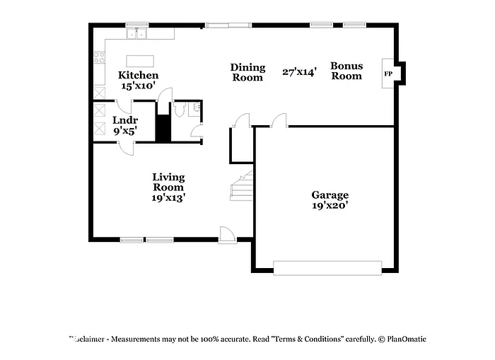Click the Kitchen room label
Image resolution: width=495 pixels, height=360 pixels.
138,76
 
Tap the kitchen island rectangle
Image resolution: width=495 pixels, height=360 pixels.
140,61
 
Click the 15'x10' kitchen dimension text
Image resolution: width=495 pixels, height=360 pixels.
138,86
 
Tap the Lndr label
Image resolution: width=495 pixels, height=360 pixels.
124,120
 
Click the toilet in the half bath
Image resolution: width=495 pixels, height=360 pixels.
180,110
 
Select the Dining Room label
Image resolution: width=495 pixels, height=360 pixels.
248,72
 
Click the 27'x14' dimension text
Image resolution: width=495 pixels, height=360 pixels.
299,71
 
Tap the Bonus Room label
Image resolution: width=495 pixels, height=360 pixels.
346,71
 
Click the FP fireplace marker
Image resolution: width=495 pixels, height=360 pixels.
388,74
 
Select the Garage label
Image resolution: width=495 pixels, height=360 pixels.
330,195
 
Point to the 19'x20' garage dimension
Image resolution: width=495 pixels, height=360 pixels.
330,206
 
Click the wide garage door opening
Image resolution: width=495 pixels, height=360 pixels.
327,267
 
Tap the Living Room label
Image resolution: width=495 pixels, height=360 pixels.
169,182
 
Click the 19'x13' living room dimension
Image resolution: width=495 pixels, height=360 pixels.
169,199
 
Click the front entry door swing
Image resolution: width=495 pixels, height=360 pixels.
228,235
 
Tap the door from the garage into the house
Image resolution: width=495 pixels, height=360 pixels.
279,121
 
